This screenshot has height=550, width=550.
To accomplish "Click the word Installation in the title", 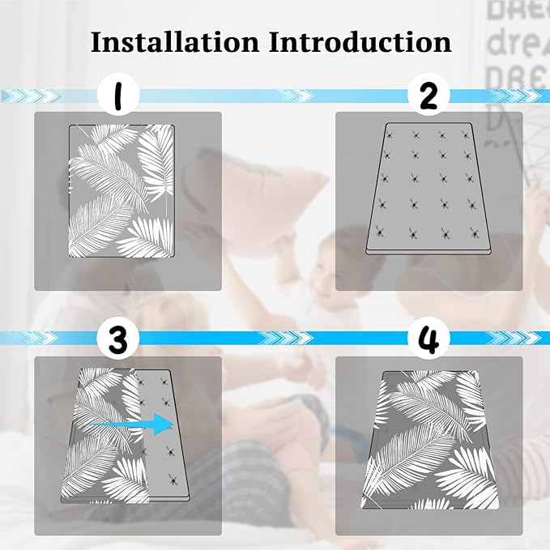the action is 175,42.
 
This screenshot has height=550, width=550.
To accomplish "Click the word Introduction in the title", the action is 360,42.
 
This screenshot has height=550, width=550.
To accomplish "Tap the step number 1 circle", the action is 118,95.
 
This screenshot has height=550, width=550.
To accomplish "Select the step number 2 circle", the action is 428,95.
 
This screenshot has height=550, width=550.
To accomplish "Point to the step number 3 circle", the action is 118,339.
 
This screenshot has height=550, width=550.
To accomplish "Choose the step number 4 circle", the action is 428,339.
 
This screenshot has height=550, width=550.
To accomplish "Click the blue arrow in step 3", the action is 131,424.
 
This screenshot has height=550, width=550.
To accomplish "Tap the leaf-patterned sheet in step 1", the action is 122,191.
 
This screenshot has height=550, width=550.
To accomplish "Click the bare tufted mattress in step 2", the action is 428,189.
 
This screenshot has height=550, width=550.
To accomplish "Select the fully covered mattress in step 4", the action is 430,440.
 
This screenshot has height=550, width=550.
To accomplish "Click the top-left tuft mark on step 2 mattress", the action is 388,135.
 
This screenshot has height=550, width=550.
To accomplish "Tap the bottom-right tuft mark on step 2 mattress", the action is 475,232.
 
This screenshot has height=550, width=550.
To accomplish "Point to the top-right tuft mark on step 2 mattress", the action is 467,135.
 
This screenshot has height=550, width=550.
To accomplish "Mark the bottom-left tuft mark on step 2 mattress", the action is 379,232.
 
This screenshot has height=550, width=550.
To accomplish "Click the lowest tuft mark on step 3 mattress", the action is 173,479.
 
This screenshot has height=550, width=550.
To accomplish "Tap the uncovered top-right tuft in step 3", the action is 164,381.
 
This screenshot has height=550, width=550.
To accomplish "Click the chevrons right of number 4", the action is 514,338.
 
